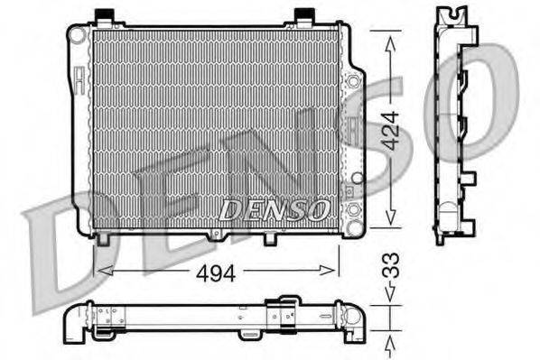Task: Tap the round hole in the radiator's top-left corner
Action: point(78,35)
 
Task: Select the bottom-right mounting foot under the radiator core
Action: point(268,240)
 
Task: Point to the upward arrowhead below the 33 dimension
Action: point(390,342)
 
